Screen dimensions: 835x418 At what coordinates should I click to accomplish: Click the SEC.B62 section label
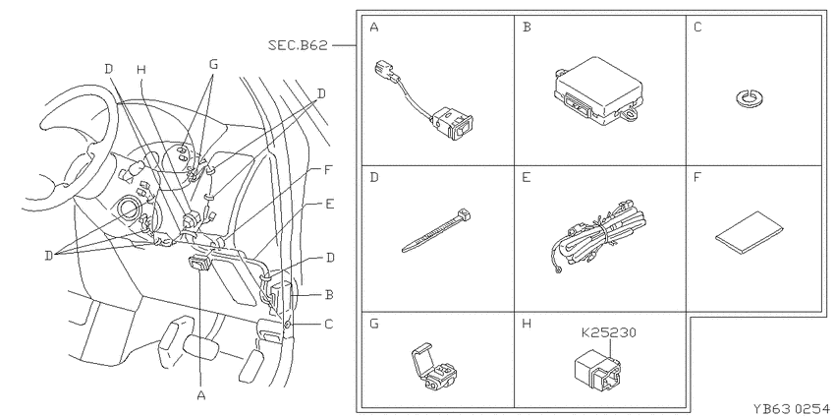coord(298,46)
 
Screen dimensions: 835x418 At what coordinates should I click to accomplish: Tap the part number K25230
coord(608,333)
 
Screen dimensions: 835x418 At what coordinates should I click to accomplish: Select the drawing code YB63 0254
coord(791,409)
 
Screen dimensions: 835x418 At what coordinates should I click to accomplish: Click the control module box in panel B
coord(598,90)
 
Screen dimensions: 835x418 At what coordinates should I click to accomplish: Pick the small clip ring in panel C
coord(751,97)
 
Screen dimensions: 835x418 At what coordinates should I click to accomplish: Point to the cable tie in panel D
coord(437,231)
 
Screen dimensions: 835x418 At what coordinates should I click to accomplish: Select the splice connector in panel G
coord(433,368)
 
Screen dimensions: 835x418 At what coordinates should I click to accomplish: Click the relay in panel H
coord(597,369)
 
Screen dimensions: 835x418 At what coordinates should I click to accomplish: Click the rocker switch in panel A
coord(453,123)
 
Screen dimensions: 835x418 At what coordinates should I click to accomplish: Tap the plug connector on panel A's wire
coord(387,71)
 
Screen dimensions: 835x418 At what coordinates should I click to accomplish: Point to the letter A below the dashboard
coord(200,395)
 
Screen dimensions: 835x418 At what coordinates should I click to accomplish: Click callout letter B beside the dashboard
coord(329,294)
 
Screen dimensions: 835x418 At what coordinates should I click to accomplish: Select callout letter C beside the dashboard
coord(329,324)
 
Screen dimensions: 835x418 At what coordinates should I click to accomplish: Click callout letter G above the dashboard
coord(213,65)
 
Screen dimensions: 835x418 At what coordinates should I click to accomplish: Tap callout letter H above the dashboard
coord(140,69)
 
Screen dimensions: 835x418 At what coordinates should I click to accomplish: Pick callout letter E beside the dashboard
coord(330,204)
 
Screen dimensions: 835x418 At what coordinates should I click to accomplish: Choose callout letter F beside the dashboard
coord(329,171)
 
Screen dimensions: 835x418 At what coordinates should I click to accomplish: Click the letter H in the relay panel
coord(527,324)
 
